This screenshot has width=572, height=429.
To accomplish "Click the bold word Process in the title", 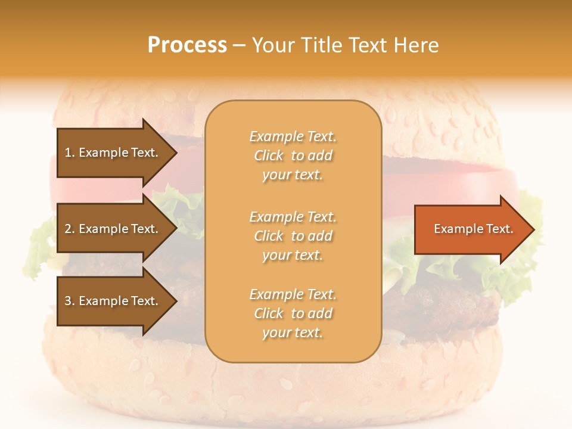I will pyautogui.click(x=187, y=45).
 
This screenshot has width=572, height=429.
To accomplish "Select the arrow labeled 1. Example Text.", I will pyautogui.click(x=113, y=153).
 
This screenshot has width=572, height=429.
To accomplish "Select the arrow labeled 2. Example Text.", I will pyautogui.click(x=113, y=229).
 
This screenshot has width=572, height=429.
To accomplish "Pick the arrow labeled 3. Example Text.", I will pyautogui.click(x=113, y=301).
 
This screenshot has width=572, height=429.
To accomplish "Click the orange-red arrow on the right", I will pyautogui.click(x=471, y=229).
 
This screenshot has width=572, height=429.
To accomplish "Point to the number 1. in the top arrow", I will pyautogui.click(x=69, y=153).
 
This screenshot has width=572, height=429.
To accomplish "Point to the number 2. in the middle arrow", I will pyautogui.click(x=69, y=229).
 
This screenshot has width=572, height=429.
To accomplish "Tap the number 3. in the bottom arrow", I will pyautogui.click(x=69, y=301).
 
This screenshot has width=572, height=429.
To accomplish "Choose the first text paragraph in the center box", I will pyautogui.click(x=293, y=156).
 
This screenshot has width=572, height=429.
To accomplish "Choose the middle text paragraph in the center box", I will pyautogui.click(x=293, y=236).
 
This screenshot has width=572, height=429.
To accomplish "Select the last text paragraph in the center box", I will pyautogui.click(x=293, y=313).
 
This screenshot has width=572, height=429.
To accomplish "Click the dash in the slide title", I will pyautogui.click(x=240, y=46).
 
